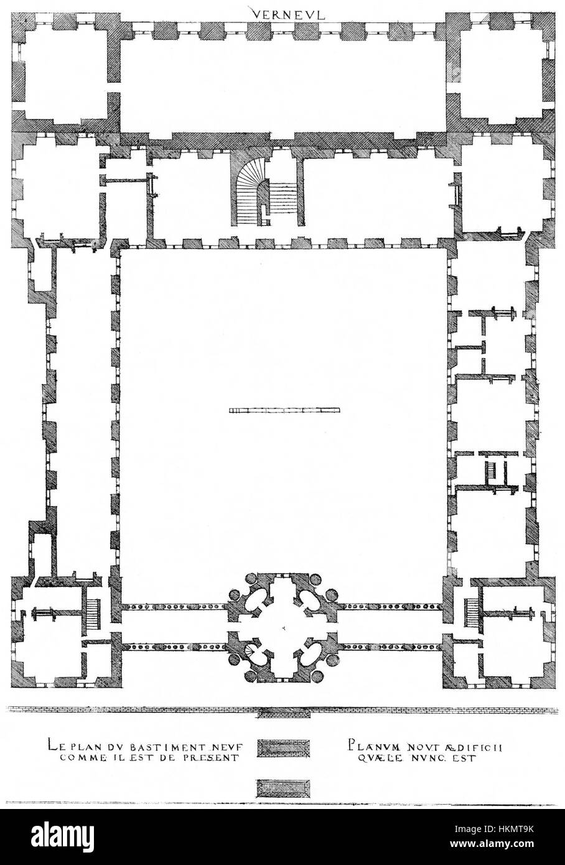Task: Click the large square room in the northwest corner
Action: click(x=61, y=68)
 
